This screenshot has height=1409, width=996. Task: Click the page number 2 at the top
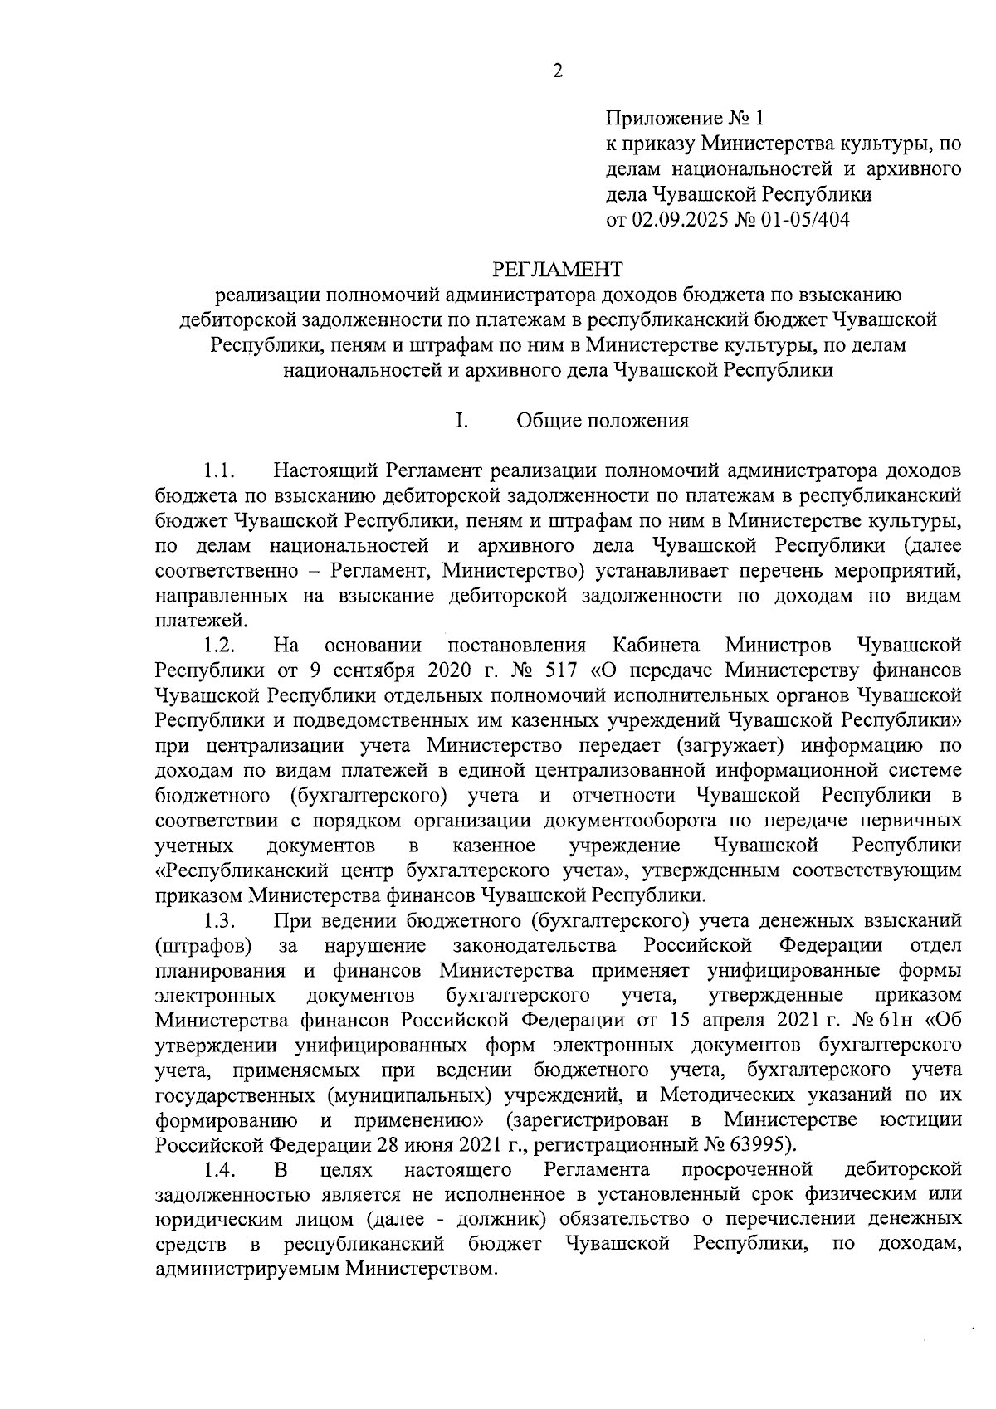coord(557,71)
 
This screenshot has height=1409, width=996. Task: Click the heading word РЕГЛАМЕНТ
coord(557,269)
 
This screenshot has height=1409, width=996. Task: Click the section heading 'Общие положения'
coord(603,421)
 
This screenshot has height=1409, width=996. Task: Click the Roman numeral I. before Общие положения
coord(461,421)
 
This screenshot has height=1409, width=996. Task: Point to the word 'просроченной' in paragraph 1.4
coord(745,1169)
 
